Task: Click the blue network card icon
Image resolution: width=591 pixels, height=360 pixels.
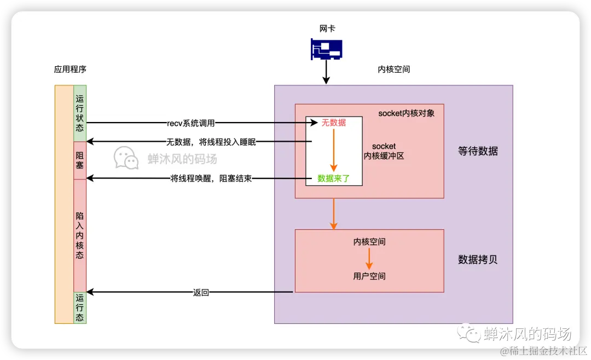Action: tap(326, 49)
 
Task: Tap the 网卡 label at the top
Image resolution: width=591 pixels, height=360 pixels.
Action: tap(327, 28)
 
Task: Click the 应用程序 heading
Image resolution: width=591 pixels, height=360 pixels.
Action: tap(70, 69)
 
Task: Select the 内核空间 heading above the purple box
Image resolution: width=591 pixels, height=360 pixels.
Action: tap(393, 69)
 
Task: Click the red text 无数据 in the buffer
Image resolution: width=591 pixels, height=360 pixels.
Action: tap(333, 123)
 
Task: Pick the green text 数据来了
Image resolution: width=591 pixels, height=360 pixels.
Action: tap(333, 178)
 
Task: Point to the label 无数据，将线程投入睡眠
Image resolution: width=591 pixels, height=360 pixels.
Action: tap(211, 142)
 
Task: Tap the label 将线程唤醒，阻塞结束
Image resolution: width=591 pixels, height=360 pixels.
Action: tap(211, 178)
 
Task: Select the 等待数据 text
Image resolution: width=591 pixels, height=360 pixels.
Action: tap(478, 152)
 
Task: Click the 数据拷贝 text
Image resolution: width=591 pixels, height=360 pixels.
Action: tap(478, 260)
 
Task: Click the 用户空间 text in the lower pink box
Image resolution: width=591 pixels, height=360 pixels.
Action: tap(369, 276)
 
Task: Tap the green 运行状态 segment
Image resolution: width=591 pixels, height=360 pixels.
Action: tap(80, 113)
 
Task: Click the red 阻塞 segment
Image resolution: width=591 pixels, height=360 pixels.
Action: tap(80, 160)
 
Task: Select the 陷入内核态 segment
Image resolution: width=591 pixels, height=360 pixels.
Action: tap(80, 235)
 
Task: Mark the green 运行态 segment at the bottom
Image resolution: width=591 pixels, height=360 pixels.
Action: tap(80, 307)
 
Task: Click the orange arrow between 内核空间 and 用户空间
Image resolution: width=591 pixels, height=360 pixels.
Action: tap(369, 258)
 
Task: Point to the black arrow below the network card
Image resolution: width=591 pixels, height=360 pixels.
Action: tap(326, 72)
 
